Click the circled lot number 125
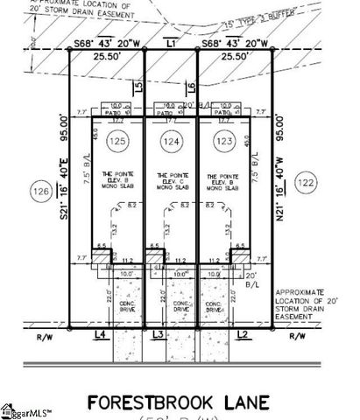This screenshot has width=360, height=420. (117, 140)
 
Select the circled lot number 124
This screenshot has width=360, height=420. (169, 140)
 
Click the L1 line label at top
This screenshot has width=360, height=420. (171, 42)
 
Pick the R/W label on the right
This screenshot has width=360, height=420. (298, 335)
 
